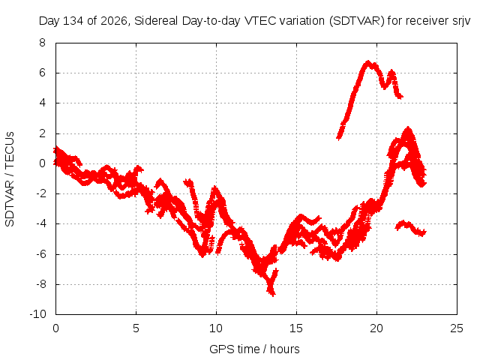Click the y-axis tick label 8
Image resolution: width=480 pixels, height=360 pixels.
[x=42, y=43]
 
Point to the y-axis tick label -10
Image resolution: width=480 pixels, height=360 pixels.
[x=37, y=314]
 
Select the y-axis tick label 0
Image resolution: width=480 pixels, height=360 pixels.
[x=42, y=163]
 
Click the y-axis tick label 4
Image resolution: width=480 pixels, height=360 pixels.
[x=42, y=103]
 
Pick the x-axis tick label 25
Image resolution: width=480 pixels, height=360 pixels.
[x=457, y=328]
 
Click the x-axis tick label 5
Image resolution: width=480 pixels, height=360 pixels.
[x=136, y=328]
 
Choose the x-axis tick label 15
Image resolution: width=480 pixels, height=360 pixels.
[x=296, y=328]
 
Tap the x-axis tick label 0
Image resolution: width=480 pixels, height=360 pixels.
[x=55, y=328]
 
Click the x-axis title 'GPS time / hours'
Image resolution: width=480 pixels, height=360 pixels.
[x=254, y=349]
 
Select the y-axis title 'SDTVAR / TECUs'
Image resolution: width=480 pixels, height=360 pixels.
[x=10, y=179]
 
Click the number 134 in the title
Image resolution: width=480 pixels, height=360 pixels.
[x=73, y=21]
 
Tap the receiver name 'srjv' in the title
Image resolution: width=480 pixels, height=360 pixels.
[x=461, y=22]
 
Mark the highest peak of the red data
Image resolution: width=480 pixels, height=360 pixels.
[x=368, y=62]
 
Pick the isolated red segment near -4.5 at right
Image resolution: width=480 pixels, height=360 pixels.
[x=410, y=228]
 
